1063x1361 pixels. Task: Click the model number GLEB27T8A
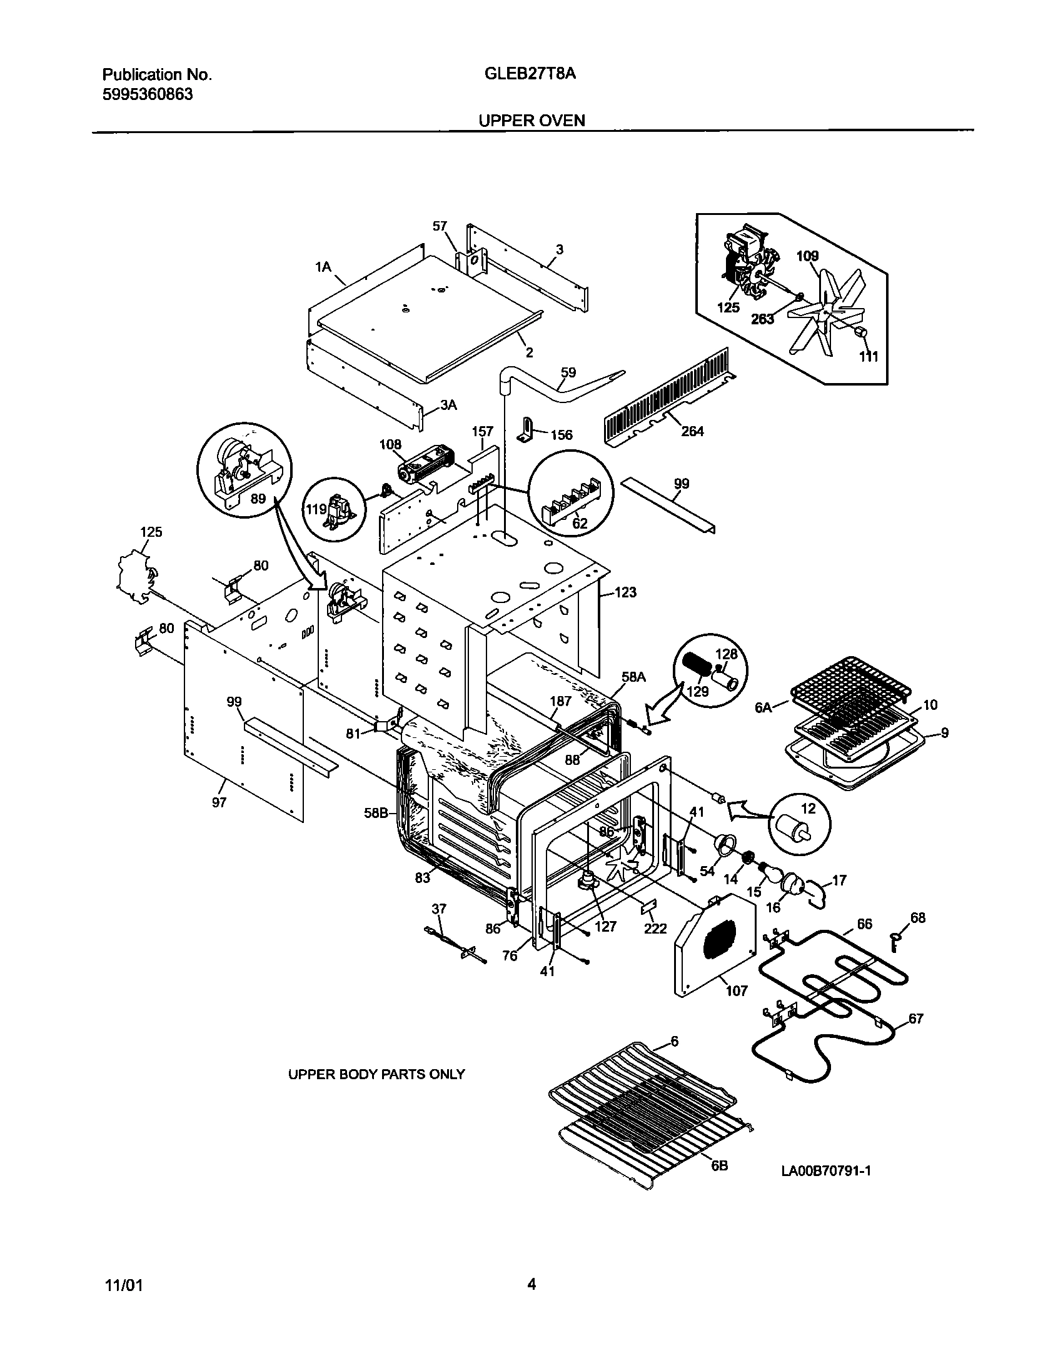(x=530, y=74)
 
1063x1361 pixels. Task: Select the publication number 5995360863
(x=147, y=94)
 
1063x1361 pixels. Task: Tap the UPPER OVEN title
(x=531, y=121)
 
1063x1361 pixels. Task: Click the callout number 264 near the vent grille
(x=692, y=431)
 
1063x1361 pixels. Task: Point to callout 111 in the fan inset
(x=869, y=357)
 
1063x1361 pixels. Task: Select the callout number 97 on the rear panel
(x=219, y=802)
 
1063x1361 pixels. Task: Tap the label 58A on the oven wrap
(x=633, y=677)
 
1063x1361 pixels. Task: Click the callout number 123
(x=625, y=592)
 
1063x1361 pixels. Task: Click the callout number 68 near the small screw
(x=918, y=918)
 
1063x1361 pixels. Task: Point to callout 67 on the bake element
(x=915, y=1019)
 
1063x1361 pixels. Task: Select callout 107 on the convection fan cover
(x=736, y=991)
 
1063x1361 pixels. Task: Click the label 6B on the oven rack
(x=720, y=1166)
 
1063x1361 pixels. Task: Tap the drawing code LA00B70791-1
(x=825, y=1171)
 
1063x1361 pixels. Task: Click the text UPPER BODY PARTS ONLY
(x=376, y=1074)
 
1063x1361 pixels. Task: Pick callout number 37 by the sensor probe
(x=439, y=909)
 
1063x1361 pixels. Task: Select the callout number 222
(x=656, y=929)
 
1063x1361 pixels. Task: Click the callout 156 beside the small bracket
(x=562, y=435)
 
